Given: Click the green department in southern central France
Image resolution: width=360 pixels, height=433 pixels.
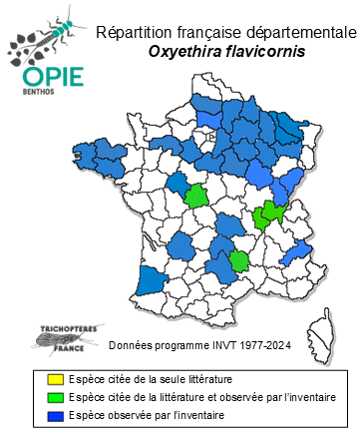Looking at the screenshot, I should [x=240, y=262].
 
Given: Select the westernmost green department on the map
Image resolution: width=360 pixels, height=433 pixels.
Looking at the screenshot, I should [x=197, y=195].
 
